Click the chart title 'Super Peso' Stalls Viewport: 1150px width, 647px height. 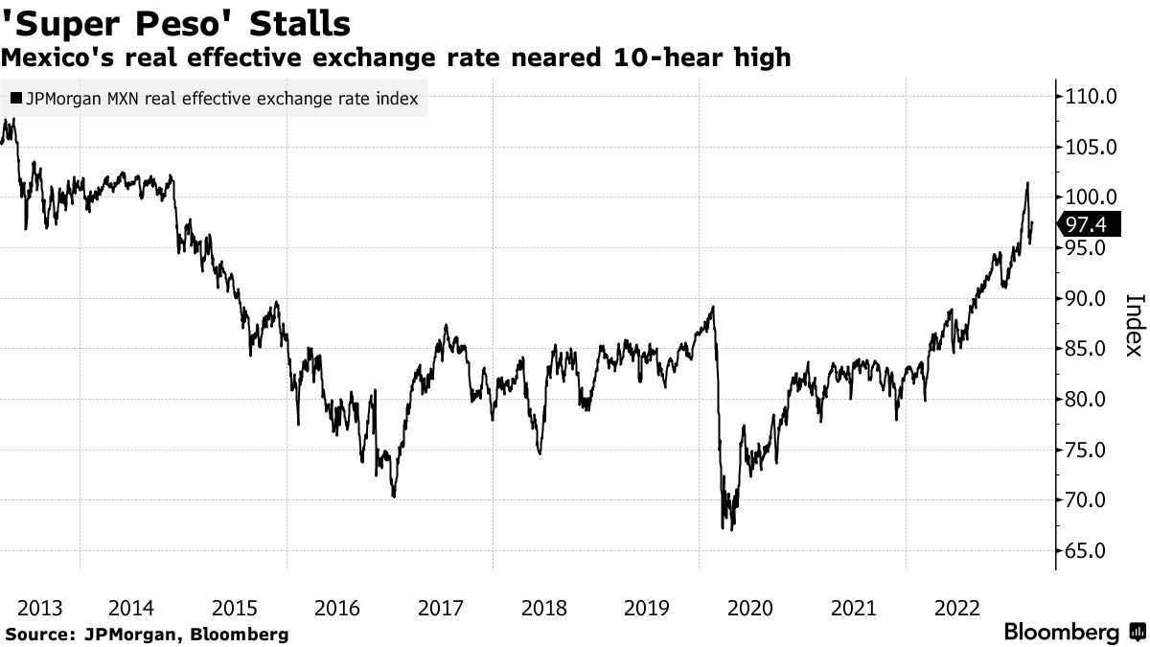(176, 23)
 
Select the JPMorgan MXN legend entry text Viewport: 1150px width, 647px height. (221, 99)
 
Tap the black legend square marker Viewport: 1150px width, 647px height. (14, 99)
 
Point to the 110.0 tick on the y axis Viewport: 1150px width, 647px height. (1086, 96)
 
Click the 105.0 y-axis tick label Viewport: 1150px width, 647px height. (1086, 147)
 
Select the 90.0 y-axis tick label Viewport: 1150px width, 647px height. (1086, 298)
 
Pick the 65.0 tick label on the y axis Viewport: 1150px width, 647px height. (1086, 551)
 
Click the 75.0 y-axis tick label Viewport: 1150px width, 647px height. (1086, 450)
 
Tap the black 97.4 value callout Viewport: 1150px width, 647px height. (1092, 224)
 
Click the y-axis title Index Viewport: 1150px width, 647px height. (1132, 324)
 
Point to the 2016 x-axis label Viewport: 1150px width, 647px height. (337, 608)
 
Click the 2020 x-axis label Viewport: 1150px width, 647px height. (750, 608)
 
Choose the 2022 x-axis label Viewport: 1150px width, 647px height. (956, 608)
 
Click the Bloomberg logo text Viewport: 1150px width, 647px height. (1061, 633)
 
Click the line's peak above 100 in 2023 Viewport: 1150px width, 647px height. (1027, 183)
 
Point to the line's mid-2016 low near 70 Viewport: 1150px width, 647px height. (394, 497)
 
